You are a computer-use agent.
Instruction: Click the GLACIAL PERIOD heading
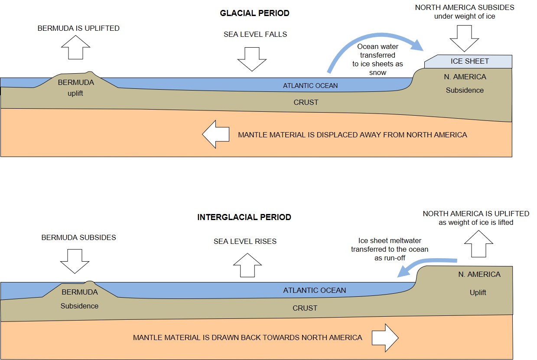254,13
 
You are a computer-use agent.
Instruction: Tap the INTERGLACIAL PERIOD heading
244,217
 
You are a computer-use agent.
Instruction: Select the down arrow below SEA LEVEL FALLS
251,58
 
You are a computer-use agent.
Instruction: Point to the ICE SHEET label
469,61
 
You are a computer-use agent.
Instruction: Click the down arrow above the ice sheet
463,39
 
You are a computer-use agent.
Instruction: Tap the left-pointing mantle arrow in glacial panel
216,134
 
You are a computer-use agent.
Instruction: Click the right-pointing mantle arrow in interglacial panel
385,337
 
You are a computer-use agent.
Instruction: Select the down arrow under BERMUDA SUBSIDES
75,260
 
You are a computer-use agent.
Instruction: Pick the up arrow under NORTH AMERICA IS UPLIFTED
478,244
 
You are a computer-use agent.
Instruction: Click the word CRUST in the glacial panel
306,102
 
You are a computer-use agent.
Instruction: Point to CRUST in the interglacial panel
305,308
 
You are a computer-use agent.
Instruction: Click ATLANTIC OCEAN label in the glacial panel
310,86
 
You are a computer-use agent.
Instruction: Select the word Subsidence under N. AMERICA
465,90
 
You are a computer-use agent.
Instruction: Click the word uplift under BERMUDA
76,94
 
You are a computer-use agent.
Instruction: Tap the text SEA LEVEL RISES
245,241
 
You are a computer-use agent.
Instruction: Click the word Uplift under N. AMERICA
478,292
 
